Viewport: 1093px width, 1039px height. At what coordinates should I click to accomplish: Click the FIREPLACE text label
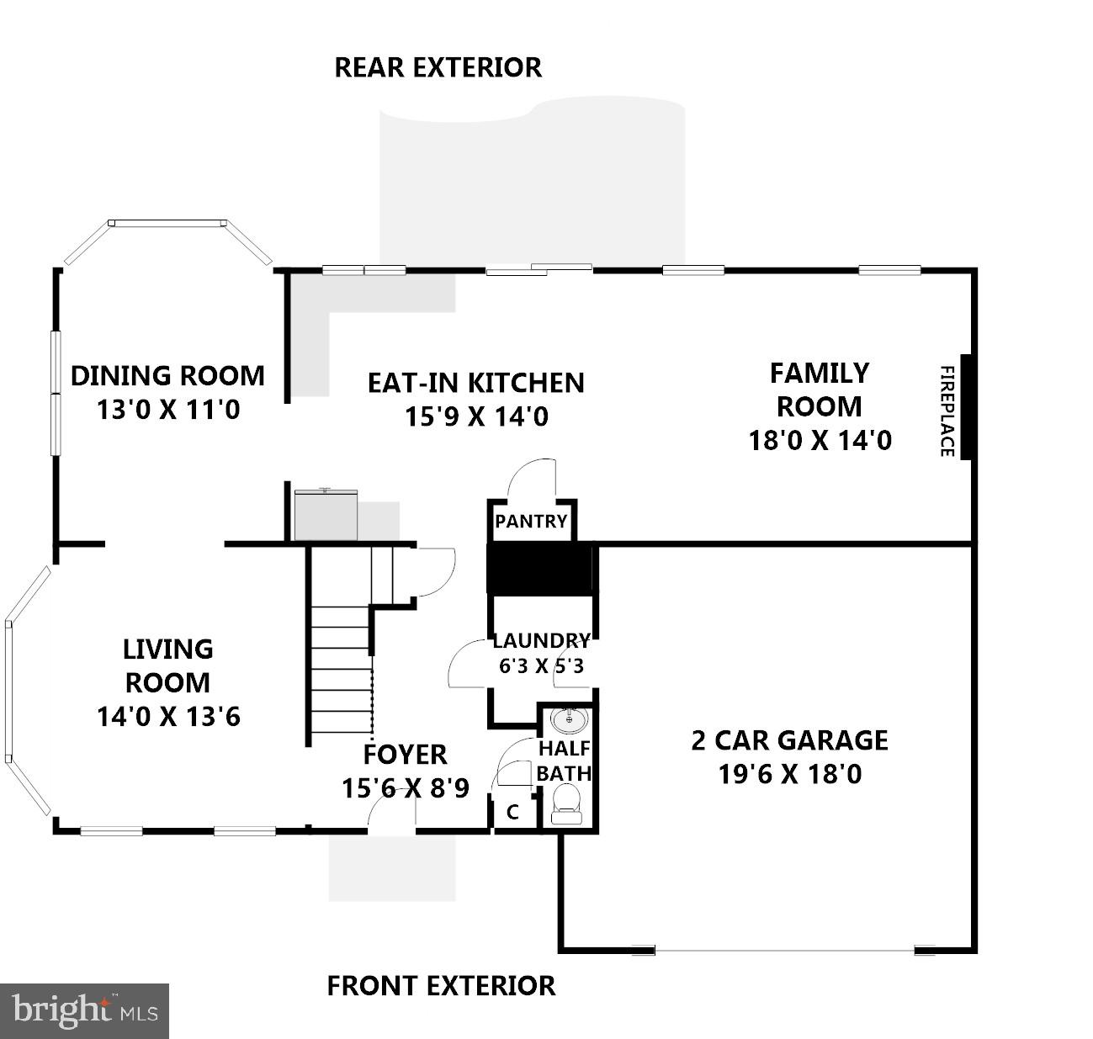point(947,411)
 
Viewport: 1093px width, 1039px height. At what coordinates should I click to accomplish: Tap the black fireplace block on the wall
point(967,407)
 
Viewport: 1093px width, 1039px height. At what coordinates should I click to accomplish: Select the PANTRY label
point(531,522)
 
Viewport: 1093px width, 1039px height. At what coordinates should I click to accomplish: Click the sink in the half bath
point(570,720)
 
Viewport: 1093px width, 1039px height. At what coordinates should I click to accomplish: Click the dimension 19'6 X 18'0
point(789,774)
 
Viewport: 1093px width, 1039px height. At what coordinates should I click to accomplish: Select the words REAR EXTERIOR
point(438,67)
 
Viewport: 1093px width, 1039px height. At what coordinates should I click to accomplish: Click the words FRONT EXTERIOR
point(441,985)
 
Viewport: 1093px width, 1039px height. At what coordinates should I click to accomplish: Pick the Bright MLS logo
point(84,1010)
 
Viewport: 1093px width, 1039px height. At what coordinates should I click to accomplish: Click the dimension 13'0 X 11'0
point(168,410)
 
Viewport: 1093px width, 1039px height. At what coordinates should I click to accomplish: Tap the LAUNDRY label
point(541,641)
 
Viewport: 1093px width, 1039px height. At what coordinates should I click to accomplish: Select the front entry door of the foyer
point(392,811)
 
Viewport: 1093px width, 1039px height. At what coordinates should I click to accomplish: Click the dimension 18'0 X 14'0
point(820,440)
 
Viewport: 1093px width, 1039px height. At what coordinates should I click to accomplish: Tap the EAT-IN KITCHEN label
point(475,383)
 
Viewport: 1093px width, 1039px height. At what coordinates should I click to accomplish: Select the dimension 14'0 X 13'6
point(168,717)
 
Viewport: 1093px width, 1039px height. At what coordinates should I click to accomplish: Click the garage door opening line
point(784,952)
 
